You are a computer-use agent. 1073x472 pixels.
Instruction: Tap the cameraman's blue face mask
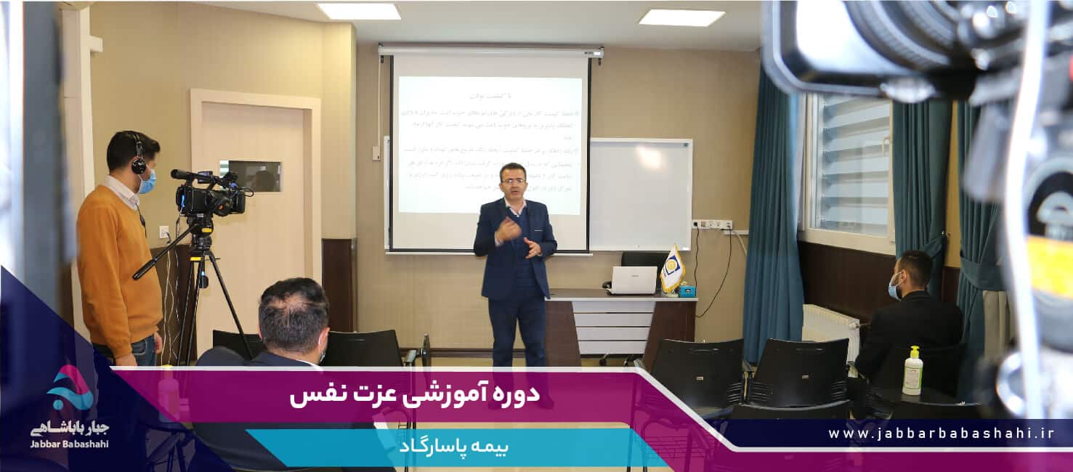pyautogui.click(x=147, y=182)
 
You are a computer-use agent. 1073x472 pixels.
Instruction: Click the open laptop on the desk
pyautogui.click(x=633, y=280)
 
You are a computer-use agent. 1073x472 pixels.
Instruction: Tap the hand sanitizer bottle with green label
pyautogui.click(x=912, y=371)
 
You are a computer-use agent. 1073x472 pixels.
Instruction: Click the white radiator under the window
pyautogui.click(x=830, y=326)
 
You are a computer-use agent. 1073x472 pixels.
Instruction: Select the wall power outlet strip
pyautogui.click(x=712, y=224)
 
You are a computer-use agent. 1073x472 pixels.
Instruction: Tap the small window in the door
pyautogui.click(x=250, y=176)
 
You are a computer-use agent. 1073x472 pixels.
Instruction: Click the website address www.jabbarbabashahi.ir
pyautogui.click(x=941, y=434)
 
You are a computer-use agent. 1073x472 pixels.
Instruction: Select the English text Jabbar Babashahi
pyautogui.click(x=70, y=444)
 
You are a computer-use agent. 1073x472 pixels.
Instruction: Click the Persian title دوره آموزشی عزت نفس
pyautogui.click(x=415, y=395)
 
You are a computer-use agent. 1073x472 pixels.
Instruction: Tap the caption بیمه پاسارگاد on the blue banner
pyautogui.click(x=453, y=446)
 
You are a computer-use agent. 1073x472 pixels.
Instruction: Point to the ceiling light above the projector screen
pyautogui.click(x=359, y=11)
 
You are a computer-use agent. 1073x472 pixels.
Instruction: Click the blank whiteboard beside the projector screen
pyautogui.click(x=639, y=193)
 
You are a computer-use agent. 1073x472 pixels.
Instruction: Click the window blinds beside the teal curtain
pyautogui.click(x=851, y=167)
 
